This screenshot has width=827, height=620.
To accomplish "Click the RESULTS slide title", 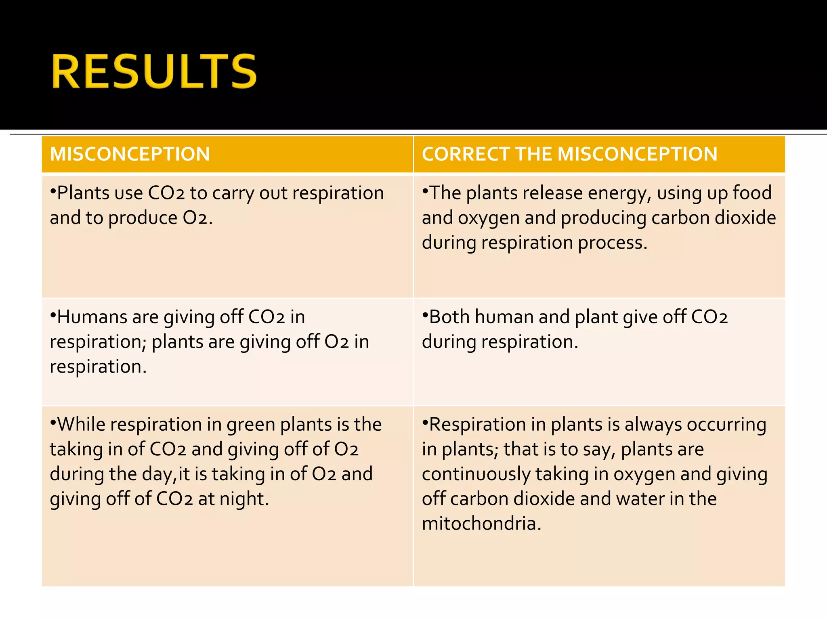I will click(154, 71).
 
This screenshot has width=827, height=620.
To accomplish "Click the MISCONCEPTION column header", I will click(130, 154).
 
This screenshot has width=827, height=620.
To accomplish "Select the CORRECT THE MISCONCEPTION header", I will click(569, 154).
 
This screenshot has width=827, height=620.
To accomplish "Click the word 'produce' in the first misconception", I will click(143, 218).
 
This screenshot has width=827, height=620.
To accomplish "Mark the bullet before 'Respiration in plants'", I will click(425, 422).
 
